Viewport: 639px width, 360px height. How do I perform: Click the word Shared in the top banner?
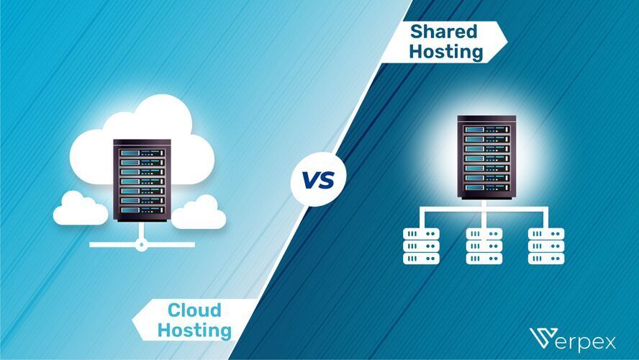pos(443,32)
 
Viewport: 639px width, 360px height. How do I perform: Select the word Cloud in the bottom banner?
pos(194,311)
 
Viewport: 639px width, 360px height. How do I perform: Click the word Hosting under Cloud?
pos(194,331)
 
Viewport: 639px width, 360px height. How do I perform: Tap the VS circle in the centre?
pos(318,179)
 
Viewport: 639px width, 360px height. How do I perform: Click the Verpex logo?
pos(576,338)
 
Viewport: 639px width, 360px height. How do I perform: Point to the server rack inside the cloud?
pos(142,180)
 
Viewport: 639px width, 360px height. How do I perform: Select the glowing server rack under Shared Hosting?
pos(486,158)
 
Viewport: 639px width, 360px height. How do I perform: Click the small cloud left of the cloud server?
pos(80,208)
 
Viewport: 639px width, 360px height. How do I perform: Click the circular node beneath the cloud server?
pos(142,244)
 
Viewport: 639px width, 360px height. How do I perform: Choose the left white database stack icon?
pos(421,246)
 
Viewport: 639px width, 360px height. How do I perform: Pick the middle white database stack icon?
pos(484,246)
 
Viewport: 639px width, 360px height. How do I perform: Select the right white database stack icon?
pos(546,246)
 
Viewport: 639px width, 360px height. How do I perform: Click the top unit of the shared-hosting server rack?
pos(486,130)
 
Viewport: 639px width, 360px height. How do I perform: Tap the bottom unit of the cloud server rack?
pos(142,210)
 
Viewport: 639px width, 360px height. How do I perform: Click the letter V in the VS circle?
pos(310,180)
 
